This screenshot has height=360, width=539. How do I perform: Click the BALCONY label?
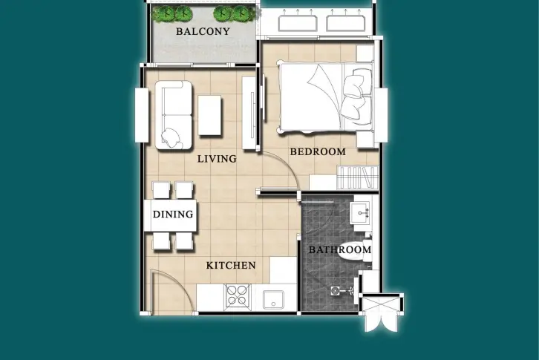coord(203,32)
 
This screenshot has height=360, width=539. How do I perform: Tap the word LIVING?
coord(217,159)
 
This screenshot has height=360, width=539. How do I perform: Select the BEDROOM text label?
coord(318,151)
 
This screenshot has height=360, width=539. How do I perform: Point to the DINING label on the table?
coord(173,215)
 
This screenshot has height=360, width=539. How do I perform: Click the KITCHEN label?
coord(231,266)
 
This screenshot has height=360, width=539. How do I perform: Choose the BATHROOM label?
coord(340,249)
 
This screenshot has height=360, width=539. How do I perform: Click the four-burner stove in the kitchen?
coord(238,295)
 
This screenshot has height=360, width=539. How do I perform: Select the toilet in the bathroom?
coord(355,252)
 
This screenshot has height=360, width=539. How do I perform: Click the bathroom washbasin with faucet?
coord(360,213)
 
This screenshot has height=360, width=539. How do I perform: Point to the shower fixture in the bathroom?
coord(342,291)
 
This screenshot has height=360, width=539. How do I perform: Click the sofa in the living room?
coord(173,115)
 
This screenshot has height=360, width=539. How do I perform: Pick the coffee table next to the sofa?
coord(209,115)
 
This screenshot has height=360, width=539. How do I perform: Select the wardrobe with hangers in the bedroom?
coord(358,177)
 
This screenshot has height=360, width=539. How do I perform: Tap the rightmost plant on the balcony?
coord(245,14)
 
